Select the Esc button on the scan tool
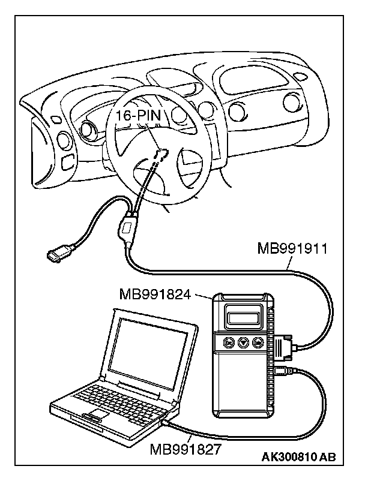(229, 342)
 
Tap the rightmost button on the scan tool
(258, 342)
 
